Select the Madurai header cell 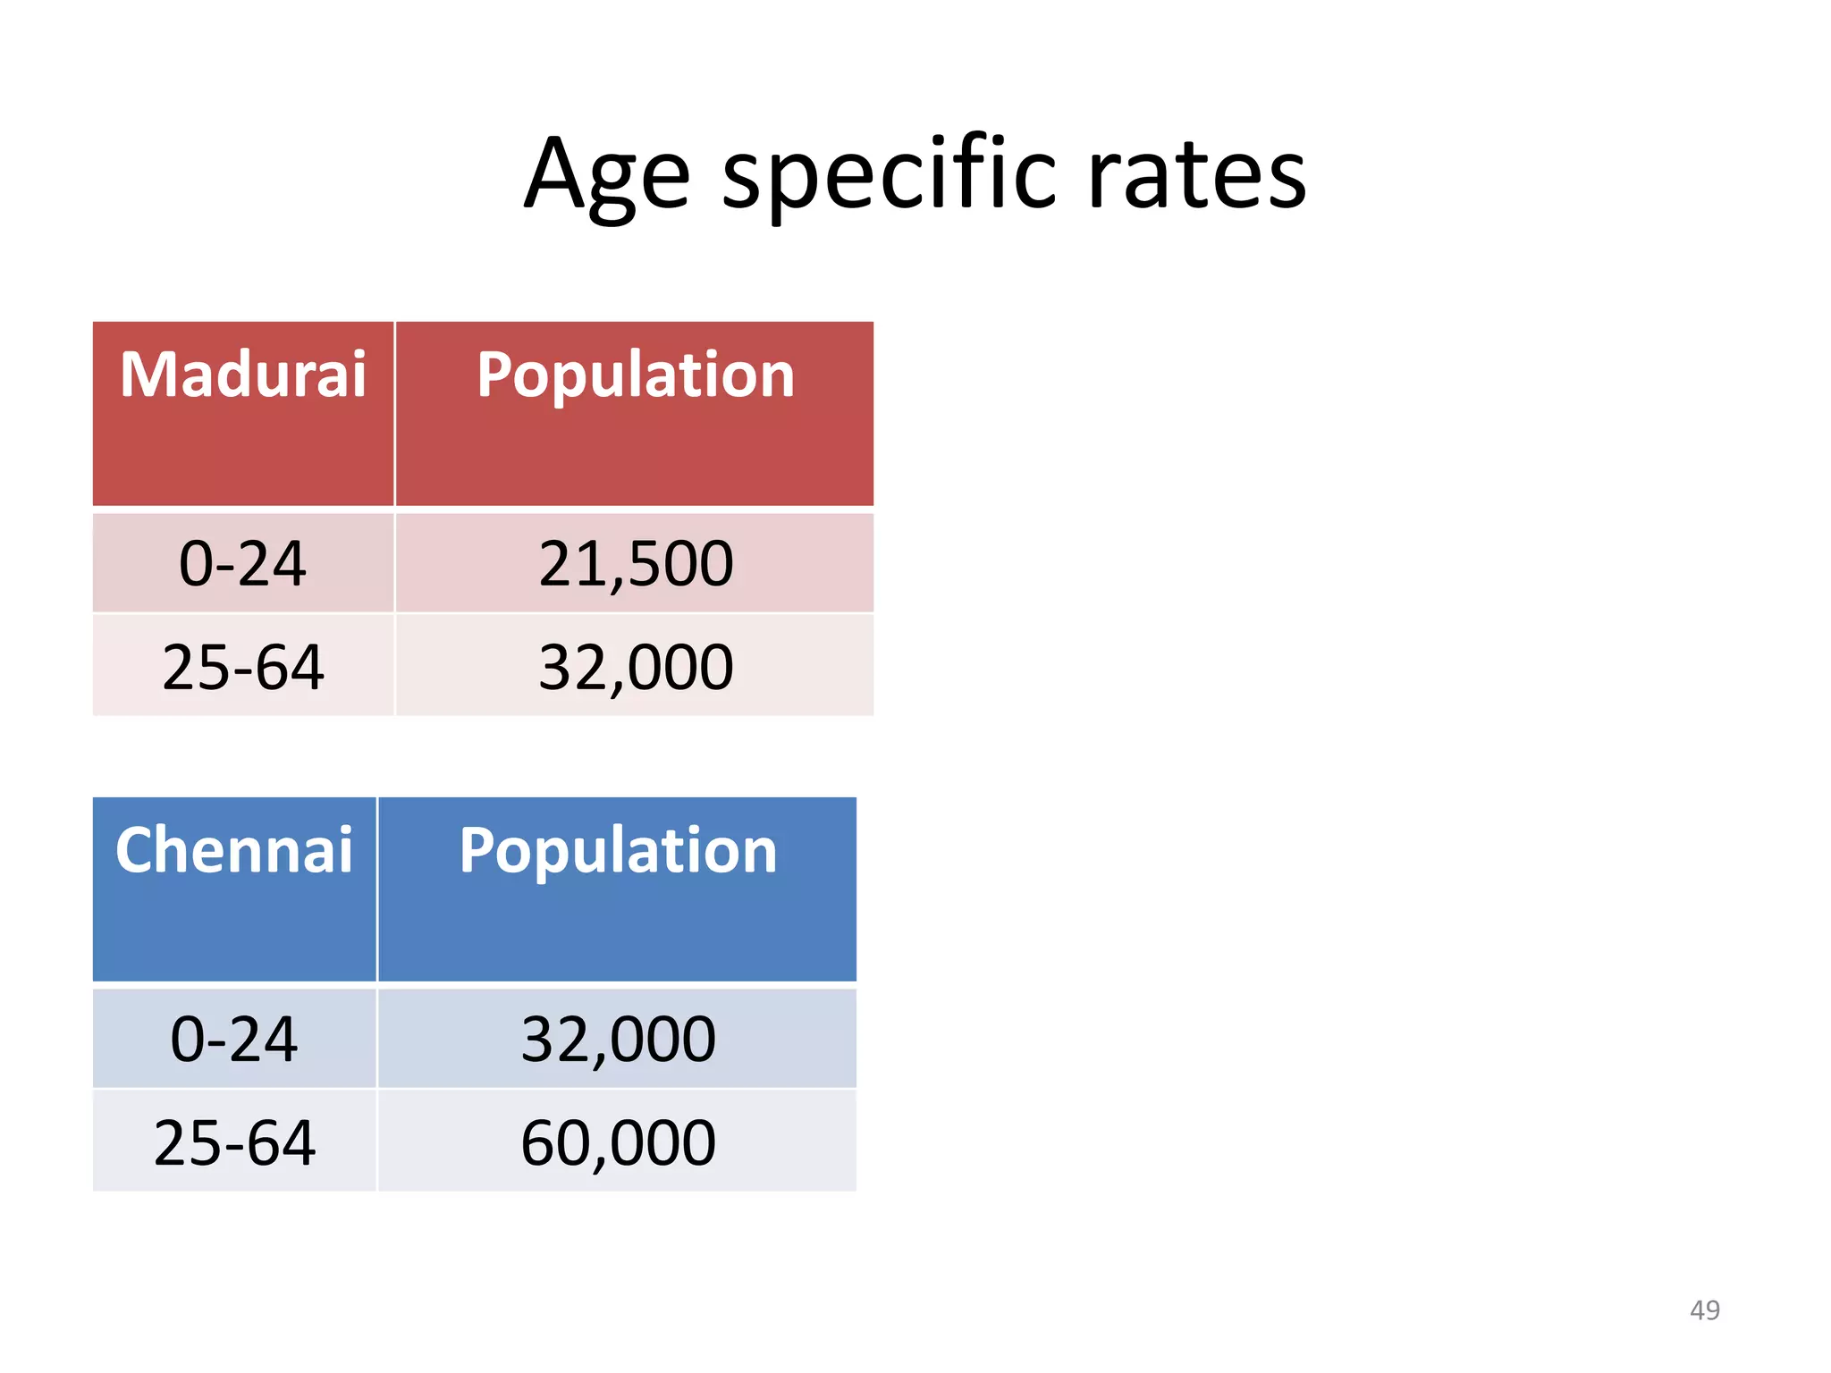pyautogui.click(x=243, y=375)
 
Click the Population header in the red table pyautogui.click(x=635, y=375)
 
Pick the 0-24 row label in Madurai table pyautogui.click(x=243, y=564)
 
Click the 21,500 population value pyautogui.click(x=635, y=564)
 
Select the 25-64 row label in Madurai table pyautogui.click(x=243, y=667)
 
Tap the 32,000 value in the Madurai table pyautogui.click(x=635, y=667)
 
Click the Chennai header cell pyautogui.click(x=234, y=850)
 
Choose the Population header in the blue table pyautogui.click(x=618, y=850)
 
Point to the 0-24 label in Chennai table pyautogui.click(x=234, y=1040)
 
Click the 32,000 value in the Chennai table pyautogui.click(x=618, y=1040)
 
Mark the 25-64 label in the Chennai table pyautogui.click(x=234, y=1142)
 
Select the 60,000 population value pyautogui.click(x=618, y=1142)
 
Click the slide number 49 pyautogui.click(x=1704, y=1310)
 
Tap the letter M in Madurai pyautogui.click(x=149, y=375)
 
